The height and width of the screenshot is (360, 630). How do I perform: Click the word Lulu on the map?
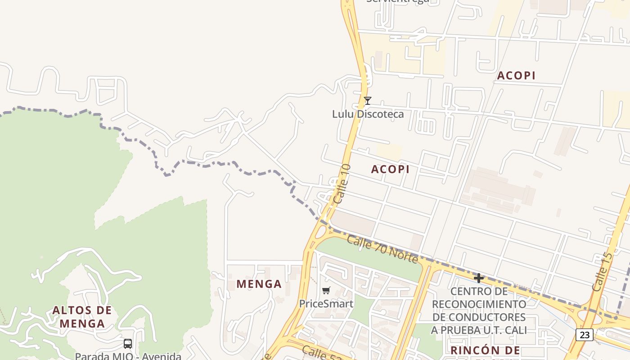[x=342, y=114]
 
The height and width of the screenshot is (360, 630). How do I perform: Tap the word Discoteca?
[x=378, y=114]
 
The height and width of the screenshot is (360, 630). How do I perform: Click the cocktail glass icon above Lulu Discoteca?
[x=368, y=101]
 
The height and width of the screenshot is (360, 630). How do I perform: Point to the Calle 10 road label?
[x=342, y=183]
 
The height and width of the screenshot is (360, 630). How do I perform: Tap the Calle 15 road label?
[x=602, y=271]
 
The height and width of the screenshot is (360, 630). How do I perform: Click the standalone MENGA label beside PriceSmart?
[x=259, y=284]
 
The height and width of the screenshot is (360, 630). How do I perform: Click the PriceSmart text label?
[x=326, y=304]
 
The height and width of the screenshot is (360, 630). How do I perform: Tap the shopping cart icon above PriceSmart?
[x=326, y=291]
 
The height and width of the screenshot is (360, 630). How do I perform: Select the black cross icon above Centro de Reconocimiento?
[x=479, y=278]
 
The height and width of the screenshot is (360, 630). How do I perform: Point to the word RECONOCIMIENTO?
[x=479, y=304]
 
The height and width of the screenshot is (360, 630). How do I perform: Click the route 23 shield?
[x=584, y=335]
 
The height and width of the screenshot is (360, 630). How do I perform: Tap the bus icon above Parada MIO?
[x=128, y=344]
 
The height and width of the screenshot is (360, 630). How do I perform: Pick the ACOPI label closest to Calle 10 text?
[x=390, y=169]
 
